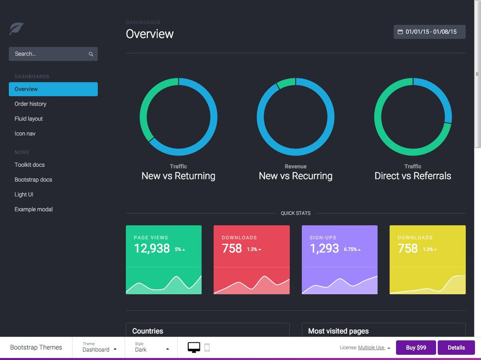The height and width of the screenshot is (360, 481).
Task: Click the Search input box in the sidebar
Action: [49, 54]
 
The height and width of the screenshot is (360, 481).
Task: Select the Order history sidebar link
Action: [31, 104]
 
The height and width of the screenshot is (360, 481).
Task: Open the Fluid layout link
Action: [29, 119]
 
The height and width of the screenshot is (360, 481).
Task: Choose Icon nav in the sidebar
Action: [25, 134]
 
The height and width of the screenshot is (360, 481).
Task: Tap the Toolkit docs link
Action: [30, 165]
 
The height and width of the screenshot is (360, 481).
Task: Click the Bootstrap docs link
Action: [33, 180]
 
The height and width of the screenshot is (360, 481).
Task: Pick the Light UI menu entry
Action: [24, 195]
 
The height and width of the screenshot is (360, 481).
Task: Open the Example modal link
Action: [34, 210]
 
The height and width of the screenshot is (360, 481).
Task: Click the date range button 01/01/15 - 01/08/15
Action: [429, 32]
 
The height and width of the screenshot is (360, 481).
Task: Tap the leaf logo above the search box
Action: [16, 29]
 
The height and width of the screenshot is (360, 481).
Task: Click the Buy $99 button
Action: [416, 348]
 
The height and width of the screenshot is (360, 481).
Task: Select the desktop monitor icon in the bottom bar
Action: [194, 348]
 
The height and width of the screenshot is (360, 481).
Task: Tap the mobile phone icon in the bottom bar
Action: [207, 348]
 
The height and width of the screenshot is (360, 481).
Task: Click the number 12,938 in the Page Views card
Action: [152, 249]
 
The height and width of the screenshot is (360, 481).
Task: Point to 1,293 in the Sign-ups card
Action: [324, 249]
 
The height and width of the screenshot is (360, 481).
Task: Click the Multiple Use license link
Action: [371, 348]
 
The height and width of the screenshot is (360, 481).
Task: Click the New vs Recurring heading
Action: [295, 176]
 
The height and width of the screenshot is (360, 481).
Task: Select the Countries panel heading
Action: [147, 331]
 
